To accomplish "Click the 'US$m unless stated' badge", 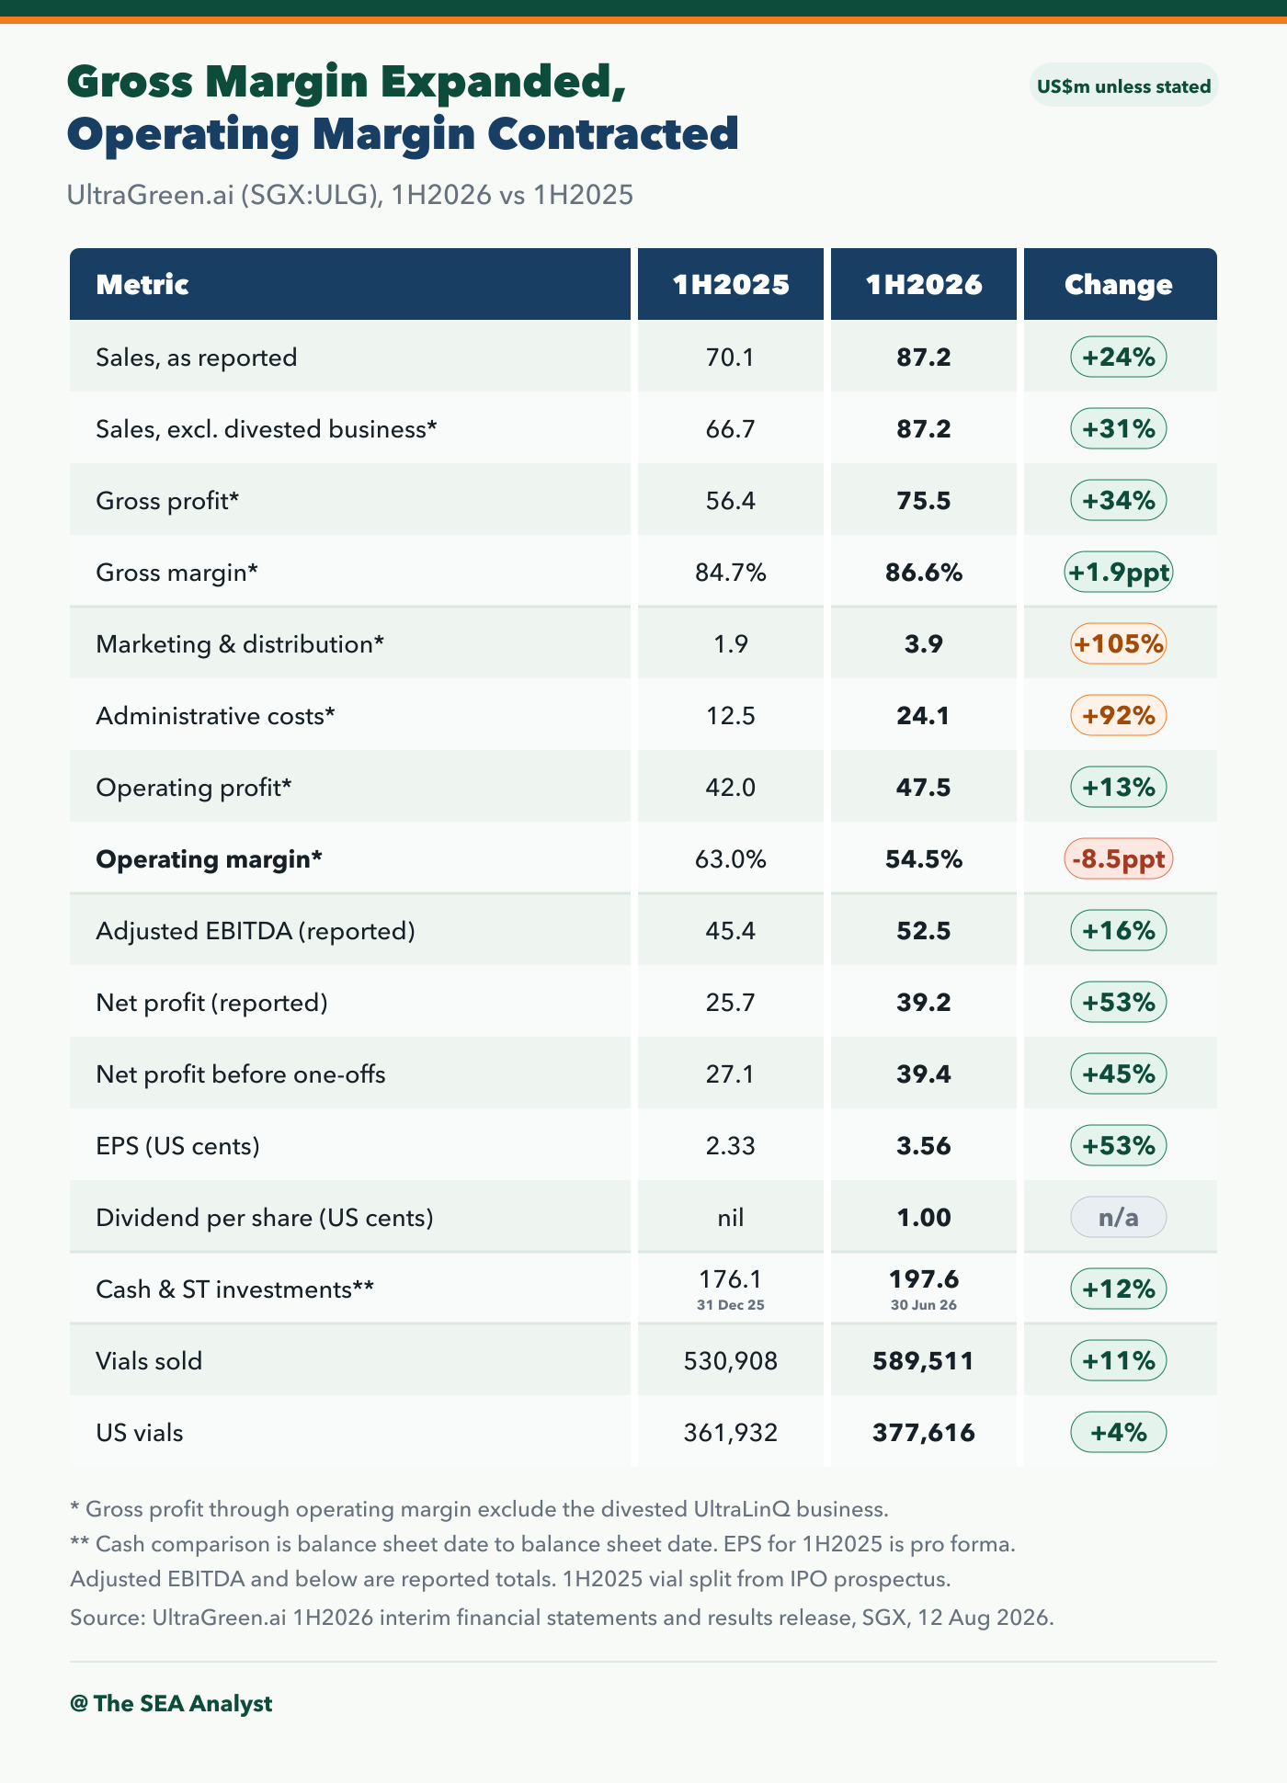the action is tap(1123, 85).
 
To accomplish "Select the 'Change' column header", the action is tap(1119, 285).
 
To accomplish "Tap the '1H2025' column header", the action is tap(731, 285).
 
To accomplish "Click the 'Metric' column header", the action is tap(142, 285).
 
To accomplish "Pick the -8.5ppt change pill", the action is tap(1119, 859).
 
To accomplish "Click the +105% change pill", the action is tap(1119, 644).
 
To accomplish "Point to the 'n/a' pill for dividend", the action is tap(1119, 1218).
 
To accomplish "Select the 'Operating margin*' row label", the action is tap(210, 859).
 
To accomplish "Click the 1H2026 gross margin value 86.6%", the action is tap(924, 573).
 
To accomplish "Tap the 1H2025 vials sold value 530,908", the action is tap(731, 1361).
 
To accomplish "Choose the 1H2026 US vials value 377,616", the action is tap(924, 1433).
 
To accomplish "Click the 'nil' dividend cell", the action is tap(731, 1218).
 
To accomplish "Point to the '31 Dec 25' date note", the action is tap(731, 1305).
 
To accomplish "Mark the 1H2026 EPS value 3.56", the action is tap(924, 1146).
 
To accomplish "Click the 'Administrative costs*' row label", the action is tap(216, 716).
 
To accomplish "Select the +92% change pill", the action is tap(1119, 716).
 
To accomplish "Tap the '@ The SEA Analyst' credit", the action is tap(171, 1703).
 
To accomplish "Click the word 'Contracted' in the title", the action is tap(613, 133).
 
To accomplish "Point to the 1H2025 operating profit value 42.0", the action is tap(731, 788).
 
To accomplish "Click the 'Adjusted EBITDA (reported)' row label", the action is tap(256, 931).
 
